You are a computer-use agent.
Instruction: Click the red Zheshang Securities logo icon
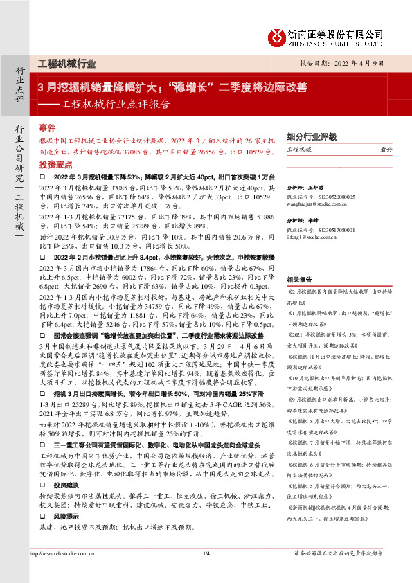[x=276, y=36]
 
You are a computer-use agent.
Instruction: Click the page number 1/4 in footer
[x=206, y=572]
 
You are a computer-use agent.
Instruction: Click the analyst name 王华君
[x=315, y=188]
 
